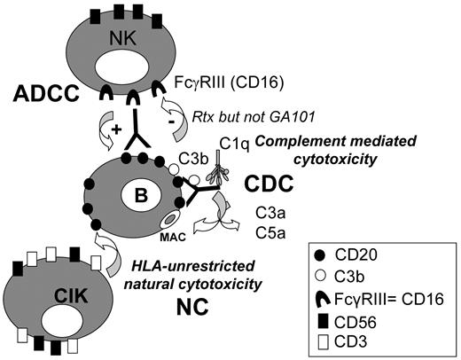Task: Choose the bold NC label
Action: click(211, 309)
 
